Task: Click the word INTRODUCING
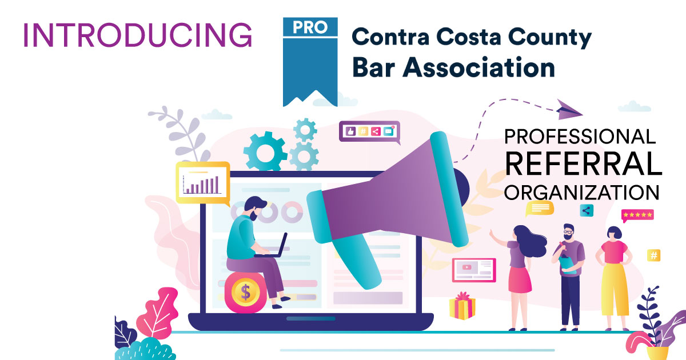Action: tap(137, 35)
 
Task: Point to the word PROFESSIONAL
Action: tap(579, 137)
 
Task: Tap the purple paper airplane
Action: tap(569, 109)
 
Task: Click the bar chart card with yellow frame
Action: tap(202, 182)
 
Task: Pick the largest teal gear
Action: tap(265, 151)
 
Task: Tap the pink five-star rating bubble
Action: tap(637, 215)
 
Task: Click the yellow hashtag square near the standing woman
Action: tap(653, 255)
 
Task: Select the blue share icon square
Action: tap(587, 210)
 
